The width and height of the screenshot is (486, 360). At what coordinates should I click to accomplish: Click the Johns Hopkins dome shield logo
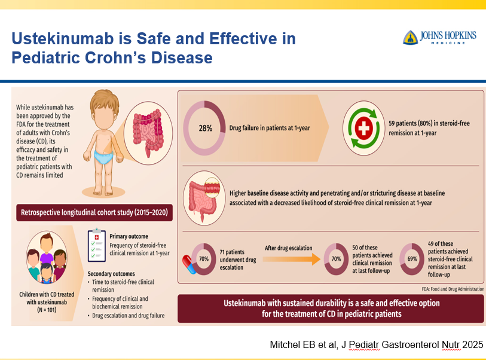click(x=410, y=38)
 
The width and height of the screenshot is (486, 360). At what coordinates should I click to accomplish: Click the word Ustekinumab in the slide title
click(x=63, y=39)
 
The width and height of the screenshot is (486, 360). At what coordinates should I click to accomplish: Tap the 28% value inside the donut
click(x=206, y=128)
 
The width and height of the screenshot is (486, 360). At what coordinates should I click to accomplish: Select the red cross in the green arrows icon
click(x=363, y=128)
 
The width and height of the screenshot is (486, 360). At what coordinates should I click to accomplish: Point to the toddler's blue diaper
click(x=103, y=157)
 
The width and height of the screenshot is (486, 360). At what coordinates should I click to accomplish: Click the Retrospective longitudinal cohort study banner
click(x=94, y=212)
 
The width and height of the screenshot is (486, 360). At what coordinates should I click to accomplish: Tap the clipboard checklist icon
click(x=97, y=245)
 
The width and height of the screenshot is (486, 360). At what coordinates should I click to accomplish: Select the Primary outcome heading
click(x=129, y=236)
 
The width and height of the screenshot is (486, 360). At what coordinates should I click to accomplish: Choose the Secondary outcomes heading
click(x=111, y=273)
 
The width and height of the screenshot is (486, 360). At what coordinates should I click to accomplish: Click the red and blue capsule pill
click(x=189, y=264)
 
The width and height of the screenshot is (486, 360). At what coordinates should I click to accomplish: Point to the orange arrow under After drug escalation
click(x=291, y=259)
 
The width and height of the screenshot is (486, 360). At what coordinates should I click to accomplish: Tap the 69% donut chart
click(x=412, y=258)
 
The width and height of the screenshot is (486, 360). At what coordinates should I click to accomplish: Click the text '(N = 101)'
click(x=47, y=310)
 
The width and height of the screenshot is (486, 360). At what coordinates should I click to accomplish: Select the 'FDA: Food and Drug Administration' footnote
click(x=453, y=289)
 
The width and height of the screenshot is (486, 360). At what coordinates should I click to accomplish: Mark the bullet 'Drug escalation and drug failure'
click(x=128, y=315)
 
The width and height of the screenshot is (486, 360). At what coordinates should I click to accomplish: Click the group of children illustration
click(x=47, y=258)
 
